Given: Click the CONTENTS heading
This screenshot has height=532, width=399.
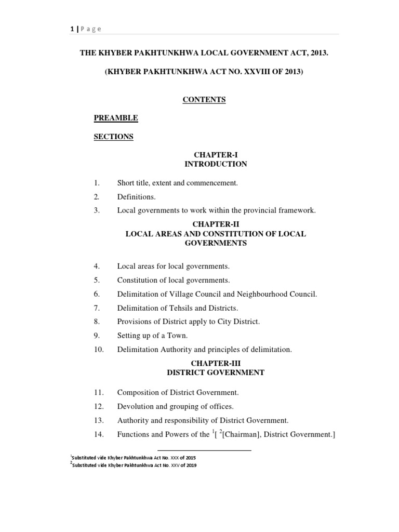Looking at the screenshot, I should point(204,100).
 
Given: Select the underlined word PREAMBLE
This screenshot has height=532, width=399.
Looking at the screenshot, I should point(116,118).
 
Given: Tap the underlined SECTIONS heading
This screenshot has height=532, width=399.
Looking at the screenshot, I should point(113,137).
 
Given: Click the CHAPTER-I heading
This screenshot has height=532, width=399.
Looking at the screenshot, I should point(216,155).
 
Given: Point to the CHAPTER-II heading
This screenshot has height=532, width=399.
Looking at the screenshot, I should point(216,224).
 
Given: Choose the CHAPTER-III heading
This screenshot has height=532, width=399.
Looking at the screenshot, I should point(216,363).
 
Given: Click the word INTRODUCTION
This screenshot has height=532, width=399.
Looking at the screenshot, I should point(216,164).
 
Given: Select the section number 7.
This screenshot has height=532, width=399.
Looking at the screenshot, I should point(96,308).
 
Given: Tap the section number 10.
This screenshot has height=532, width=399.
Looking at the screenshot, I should point(98,350).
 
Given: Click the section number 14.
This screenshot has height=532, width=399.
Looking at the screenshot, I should point(98,434).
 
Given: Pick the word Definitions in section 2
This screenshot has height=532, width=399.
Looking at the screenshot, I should point(136,197).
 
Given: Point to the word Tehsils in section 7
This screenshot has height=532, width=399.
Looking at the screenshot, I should point(180,308).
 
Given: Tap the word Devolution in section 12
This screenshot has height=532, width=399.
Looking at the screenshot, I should point(135,406).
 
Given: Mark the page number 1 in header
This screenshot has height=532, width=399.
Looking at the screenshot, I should point(72,29).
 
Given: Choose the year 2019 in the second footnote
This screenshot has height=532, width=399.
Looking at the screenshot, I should point(189,465).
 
